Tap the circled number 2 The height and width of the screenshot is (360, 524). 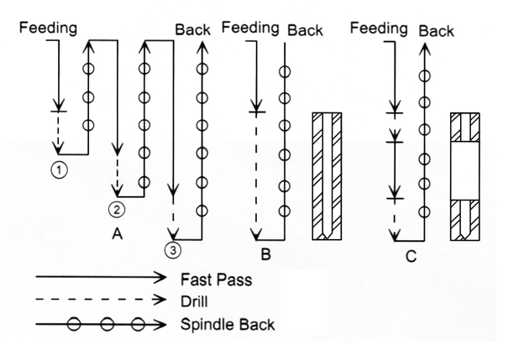(x=118, y=209)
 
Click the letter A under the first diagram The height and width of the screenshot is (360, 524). (x=118, y=236)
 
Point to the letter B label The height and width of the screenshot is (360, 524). (x=265, y=252)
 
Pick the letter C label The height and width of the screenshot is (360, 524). (x=411, y=256)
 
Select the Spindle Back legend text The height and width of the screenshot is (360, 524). (x=227, y=322)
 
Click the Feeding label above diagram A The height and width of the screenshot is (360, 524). (x=50, y=27)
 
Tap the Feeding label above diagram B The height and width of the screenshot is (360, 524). (x=249, y=27)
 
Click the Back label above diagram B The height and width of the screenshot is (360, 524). (x=305, y=30)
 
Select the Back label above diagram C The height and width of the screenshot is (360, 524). (x=436, y=31)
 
